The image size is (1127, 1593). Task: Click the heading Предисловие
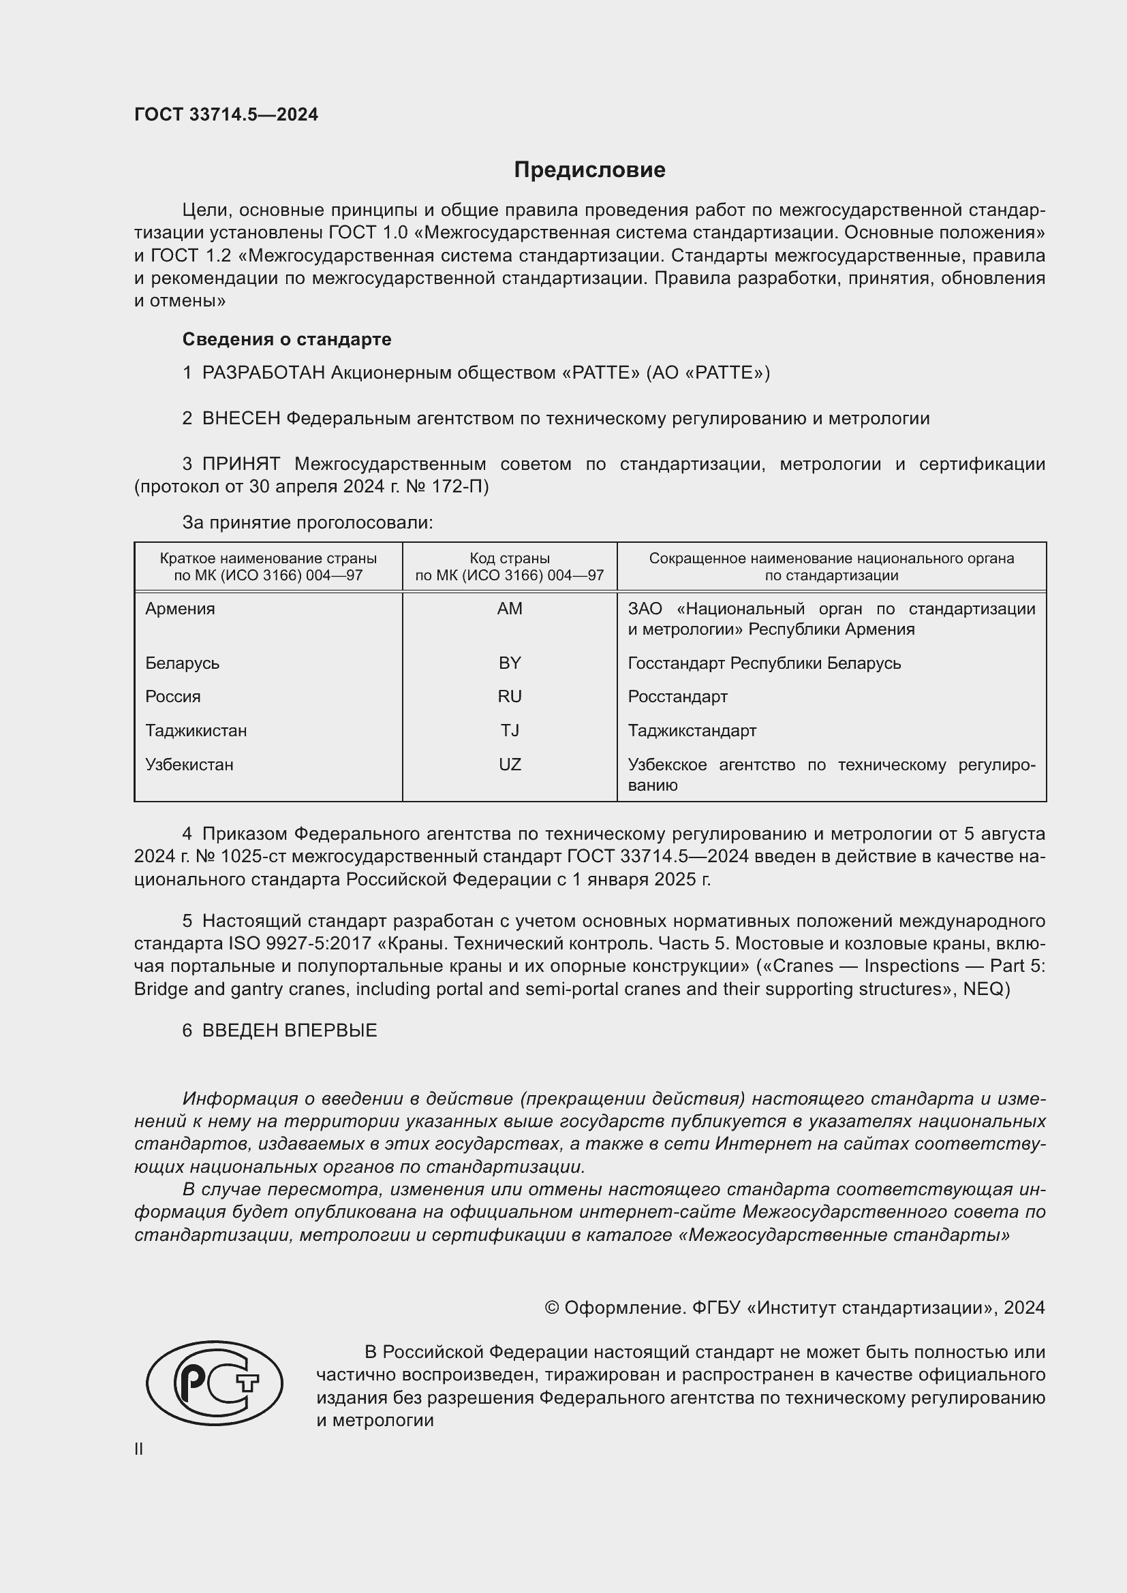pyautogui.click(x=589, y=170)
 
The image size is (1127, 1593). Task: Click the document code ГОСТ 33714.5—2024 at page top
pyautogui.click(x=226, y=115)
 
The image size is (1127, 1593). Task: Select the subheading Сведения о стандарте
pyautogui.click(x=287, y=339)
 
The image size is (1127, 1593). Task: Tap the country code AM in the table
pyautogui.click(x=510, y=608)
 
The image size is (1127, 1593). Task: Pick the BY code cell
pyautogui.click(x=510, y=663)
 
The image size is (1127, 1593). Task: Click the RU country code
pyautogui.click(x=510, y=697)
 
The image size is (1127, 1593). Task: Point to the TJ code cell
pyautogui.click(x=510, y=731)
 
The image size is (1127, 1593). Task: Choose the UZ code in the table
pyautogui.click(x=510, y=765)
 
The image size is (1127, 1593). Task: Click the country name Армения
pyautogui.click(x=181, y=608)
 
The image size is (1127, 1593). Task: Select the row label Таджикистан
pyautogui.click(x=196, y=731)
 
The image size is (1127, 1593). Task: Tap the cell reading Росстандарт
pyautogui.click(x=677, y=697)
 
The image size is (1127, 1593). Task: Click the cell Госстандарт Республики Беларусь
pyautogui.click(x=764, y=663)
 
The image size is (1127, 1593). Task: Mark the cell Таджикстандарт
pyautogui.click(x=692, y=731)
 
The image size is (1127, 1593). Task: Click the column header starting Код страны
pyautogui.click(x=510, y=567)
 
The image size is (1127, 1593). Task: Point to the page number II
pyautogui.click(x=139, y=1449)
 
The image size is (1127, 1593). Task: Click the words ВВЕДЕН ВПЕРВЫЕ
pyautogui.click(x=290, y=1030)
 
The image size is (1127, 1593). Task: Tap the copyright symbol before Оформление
pyautogui.click(x=552, y=1308)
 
